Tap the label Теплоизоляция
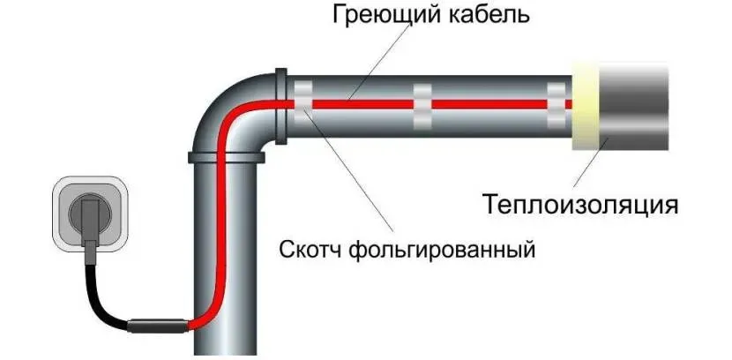coord(580,205)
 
